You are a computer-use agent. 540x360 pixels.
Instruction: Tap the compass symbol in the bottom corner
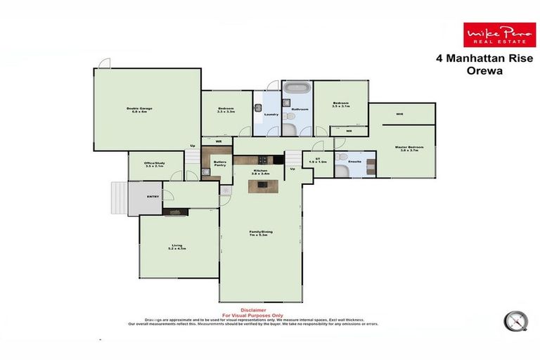(517, 321)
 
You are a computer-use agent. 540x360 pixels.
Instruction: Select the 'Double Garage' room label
(140, 109)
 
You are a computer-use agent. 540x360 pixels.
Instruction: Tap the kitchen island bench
(263, 186)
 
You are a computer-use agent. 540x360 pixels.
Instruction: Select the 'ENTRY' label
(153, 196)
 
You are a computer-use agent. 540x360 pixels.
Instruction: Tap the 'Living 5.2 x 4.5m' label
(176, 247)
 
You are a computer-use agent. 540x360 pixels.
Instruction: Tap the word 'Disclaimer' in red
(253, 310)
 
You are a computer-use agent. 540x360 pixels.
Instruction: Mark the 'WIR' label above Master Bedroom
(399, 114)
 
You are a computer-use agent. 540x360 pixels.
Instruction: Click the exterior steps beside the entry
(118, 198)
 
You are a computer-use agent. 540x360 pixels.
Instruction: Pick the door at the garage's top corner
(103, 63)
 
